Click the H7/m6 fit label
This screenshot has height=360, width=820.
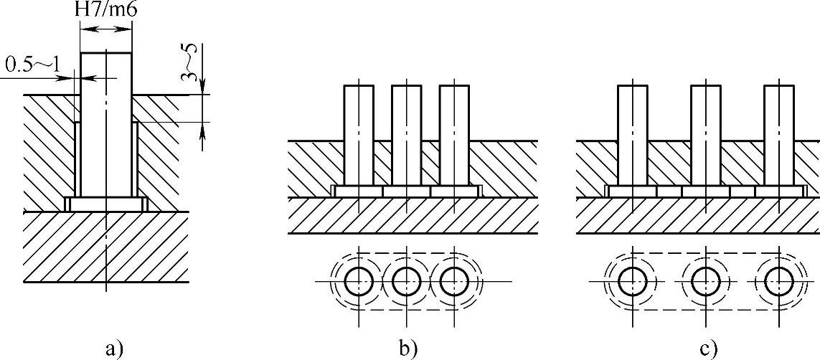(105, 11)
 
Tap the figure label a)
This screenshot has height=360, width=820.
(110, 349)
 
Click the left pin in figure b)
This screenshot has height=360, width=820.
(359, 133)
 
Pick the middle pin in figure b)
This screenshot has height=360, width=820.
(406, 133)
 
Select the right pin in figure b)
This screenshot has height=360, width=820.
(454, 133)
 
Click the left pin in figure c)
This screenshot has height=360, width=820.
(633, 133)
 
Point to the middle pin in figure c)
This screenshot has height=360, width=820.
(705, 133)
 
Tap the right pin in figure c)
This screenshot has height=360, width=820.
(778, 133)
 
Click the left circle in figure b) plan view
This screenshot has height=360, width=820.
(359, 282)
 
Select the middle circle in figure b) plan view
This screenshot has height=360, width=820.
(406, 282)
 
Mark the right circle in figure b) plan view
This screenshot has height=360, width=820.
(453, 282)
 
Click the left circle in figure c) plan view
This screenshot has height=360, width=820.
(633, 282)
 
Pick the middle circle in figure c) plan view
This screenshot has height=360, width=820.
(705, 282)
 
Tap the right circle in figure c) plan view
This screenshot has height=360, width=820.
(778, 282)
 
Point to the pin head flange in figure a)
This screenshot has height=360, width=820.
(105, 204)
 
